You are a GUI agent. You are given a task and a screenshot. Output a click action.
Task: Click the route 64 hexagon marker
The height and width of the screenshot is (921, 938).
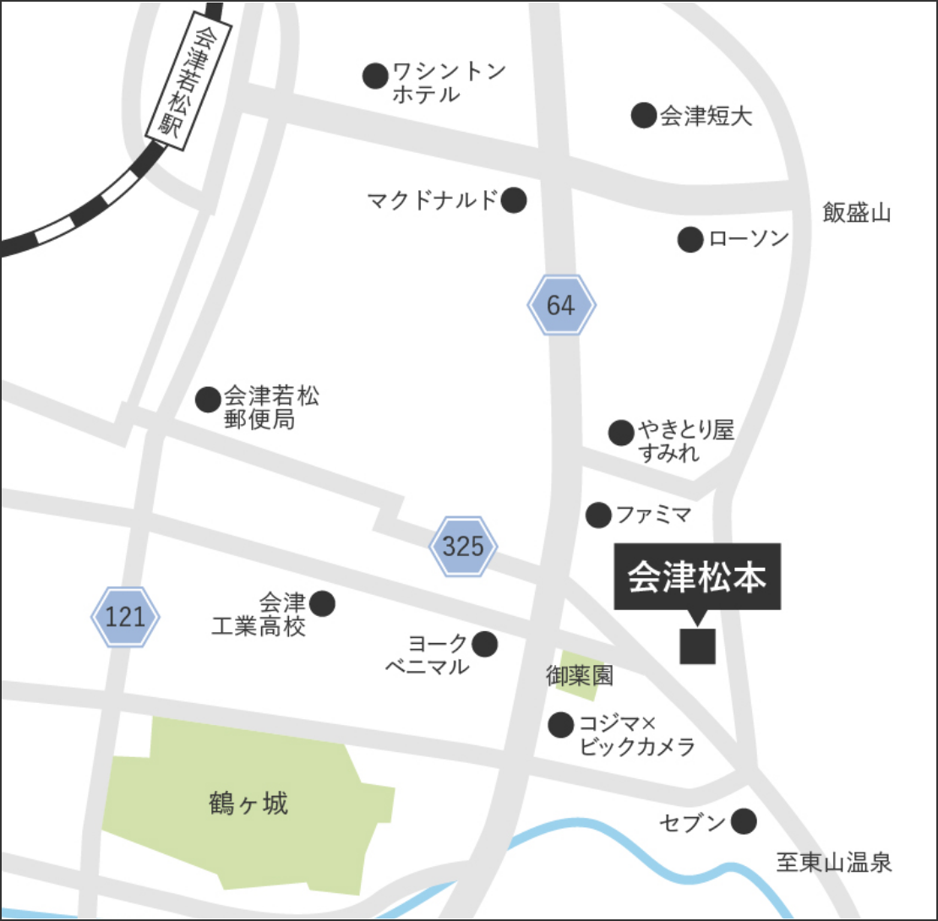tap(562, 305)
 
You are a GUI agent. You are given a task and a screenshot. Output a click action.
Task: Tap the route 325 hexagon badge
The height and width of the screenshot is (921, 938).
tap(462, 547)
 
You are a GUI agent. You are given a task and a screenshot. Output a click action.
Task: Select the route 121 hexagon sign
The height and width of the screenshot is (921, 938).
tap(124, 617)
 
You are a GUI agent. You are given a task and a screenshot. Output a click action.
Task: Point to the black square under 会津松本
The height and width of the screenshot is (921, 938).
tap(698, 646)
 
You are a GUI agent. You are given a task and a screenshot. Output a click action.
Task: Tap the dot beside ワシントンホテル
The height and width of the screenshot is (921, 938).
tap(375, 76)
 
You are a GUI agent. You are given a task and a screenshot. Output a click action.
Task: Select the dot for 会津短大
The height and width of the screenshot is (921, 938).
tap(644, 115)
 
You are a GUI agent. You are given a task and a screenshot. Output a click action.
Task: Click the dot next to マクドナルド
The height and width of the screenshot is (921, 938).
tap(514, 200)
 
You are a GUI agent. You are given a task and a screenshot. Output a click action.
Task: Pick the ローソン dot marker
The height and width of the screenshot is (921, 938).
tap(690, 240)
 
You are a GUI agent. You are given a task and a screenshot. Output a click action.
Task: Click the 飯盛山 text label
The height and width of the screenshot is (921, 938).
tap(857, 213)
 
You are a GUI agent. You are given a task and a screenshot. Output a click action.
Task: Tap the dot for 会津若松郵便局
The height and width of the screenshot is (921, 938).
tap(208, 399)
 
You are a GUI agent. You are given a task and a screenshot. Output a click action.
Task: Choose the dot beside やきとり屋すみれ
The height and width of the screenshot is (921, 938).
tap(621, 433)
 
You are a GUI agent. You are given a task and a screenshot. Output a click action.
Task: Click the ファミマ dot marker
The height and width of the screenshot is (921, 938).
tap(598, 514)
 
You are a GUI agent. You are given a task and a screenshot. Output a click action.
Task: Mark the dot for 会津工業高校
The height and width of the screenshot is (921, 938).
tap(322, 603)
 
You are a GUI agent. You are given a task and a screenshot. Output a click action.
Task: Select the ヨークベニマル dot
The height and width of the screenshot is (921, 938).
tap(484, 645)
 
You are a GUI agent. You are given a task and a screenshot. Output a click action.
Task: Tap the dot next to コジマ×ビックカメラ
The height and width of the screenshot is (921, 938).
tap(560, 724)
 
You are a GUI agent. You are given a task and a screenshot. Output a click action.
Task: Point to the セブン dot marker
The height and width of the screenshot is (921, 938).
tap(744, 820)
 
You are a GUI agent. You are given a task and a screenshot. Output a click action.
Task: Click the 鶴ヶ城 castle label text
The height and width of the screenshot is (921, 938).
tap(247, 803)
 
